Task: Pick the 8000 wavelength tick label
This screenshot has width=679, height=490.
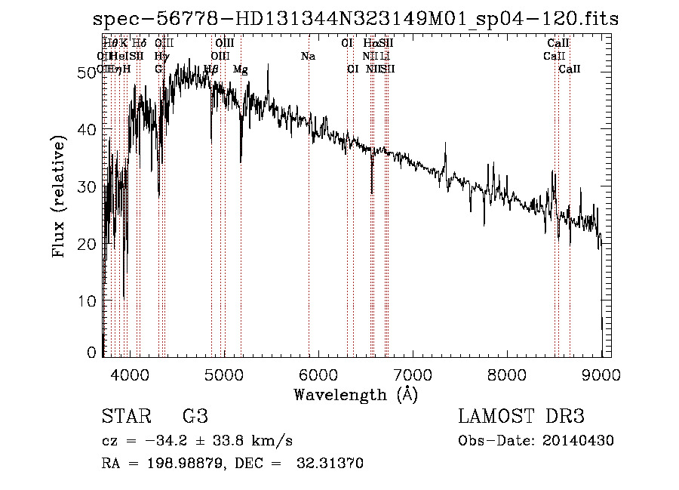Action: pyautogui.click(x=506, y=374)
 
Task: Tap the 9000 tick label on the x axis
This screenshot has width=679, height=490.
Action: pyautogui.click(x=601, y=374)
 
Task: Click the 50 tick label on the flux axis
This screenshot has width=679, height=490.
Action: pyautogui.click(x=88, y=72)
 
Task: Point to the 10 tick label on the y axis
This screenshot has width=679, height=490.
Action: pyautogui.click(x=88, y=301)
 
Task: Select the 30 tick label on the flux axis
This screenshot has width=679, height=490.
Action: pyautogui.click(x=88, y=186)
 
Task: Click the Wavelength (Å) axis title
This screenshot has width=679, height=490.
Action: pyautogui.click(x=355, y=394)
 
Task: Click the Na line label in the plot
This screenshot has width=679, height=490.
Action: pyautogui.click(x=308, y=56)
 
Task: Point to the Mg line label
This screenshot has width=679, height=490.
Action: pyautogui.click(x=240, y=69)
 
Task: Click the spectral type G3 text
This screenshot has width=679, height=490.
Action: pyautogui.click(x=195, y=417)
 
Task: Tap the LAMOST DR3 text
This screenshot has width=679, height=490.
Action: pyautogui.click(x=521, y=417)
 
